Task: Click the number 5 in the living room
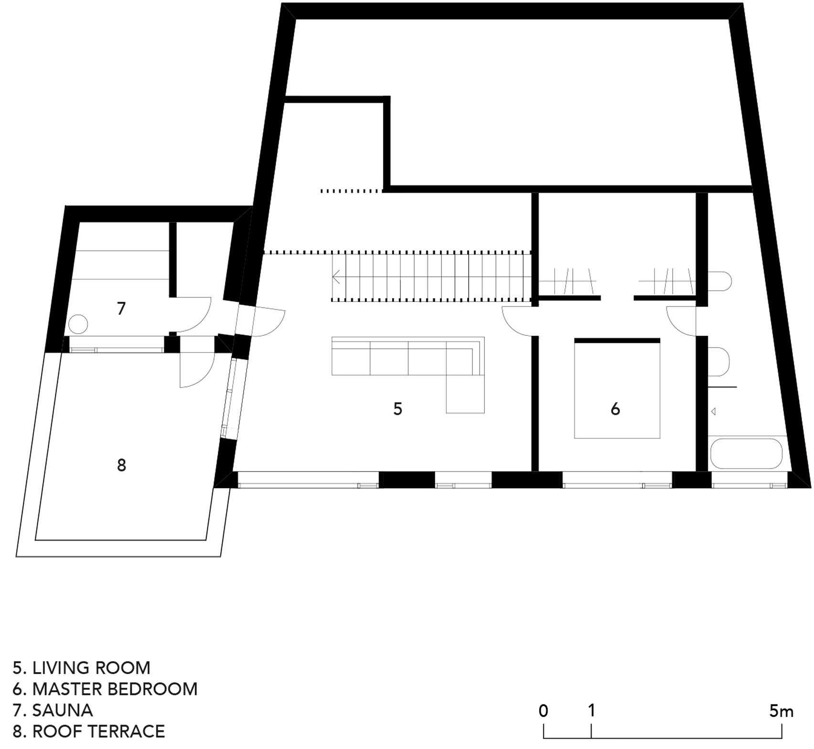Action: [x=397, y=409]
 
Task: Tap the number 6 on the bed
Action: [x=615, y=409]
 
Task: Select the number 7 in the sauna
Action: [x=121, y=309]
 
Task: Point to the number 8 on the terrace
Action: [x=121, y=465]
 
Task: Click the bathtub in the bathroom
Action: [x=747, y=453]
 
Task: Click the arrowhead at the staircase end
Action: [x=336, y=277]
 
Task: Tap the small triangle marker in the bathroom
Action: [x=713, y=411]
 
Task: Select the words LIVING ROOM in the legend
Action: [x=91, y=668]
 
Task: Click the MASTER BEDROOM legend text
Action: [x=115, y=689]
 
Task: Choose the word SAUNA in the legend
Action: [x=63, y=710]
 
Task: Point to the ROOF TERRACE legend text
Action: [x=98, y=731]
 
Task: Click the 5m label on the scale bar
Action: [x=781, y=711]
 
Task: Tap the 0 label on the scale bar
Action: [x=543, y=711]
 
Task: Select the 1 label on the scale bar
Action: [x=591, y=711]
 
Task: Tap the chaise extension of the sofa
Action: [x=465, y=394]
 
